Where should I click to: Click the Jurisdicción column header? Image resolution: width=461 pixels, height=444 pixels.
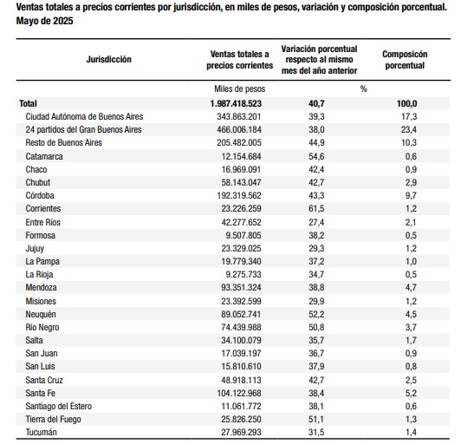(x=109, y=60)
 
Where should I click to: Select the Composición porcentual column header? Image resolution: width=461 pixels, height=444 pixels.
(x=405, y=60)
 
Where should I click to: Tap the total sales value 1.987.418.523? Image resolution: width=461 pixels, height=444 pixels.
(x=236, y=103)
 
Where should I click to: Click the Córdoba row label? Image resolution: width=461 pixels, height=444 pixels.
(x=40, y=195)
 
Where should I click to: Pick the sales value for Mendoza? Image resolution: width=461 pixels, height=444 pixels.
(x=241, y=287)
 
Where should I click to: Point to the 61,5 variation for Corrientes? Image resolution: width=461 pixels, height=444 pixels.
(x=316, y=209)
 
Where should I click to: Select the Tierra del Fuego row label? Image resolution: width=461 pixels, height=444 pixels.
(x=53, y=419)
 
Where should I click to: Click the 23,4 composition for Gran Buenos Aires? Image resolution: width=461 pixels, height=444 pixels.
(x=409, y=129)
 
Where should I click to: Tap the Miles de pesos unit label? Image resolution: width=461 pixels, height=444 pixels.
(x=240, y=88)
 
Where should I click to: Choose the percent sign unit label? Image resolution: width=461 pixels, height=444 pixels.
(x=364, y=88)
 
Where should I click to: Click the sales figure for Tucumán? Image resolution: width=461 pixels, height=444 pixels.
(x=241, y=432)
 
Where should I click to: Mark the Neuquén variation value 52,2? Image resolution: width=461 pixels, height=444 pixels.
(x=316, y=314)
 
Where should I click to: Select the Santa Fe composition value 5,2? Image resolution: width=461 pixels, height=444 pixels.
(x=411, y=393)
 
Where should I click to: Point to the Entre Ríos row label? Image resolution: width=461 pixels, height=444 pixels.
(x=43, y=222)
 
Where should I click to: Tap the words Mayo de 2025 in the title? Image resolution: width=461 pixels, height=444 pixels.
(x=45, y=21)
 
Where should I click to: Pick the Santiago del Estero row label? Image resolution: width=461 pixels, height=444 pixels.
(x=59, y=407)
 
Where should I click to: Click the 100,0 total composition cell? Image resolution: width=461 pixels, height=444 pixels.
(x=407, y=103)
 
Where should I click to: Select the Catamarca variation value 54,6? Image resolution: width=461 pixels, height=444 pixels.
(x=316, y=156)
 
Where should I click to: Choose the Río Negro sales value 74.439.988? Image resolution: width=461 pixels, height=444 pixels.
(x=241, y=327)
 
